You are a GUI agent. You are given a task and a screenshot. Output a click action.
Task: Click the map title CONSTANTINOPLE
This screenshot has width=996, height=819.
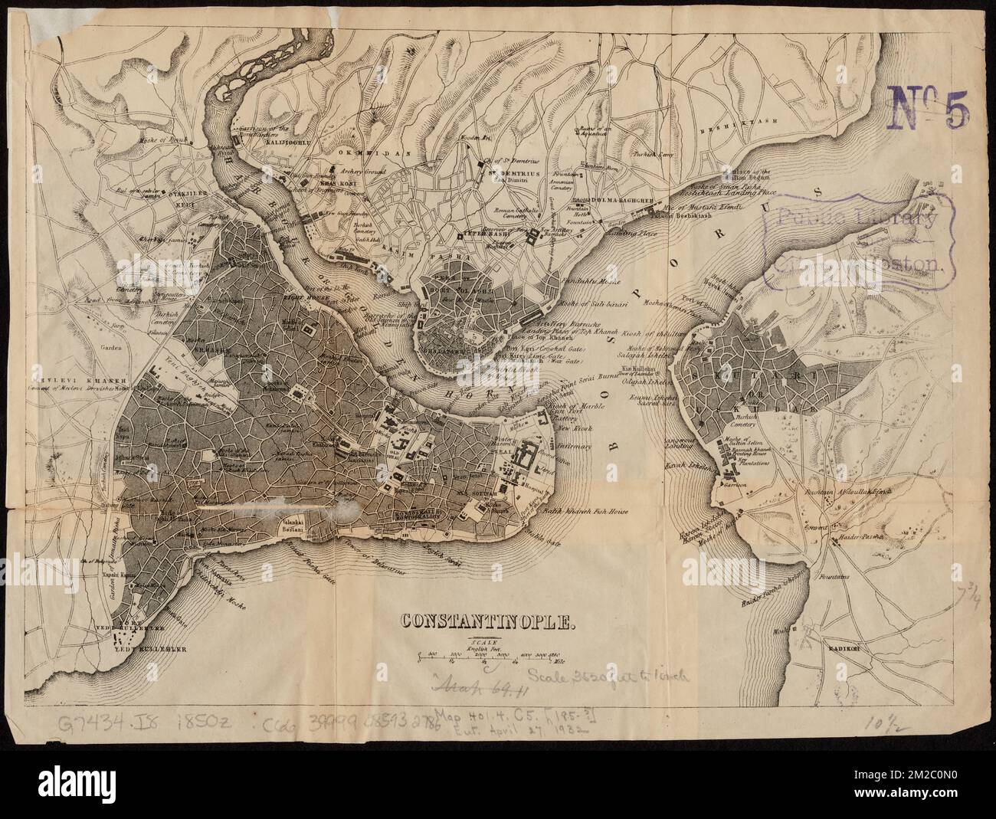(x=483, y=621)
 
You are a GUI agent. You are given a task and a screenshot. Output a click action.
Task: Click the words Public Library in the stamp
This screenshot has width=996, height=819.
(x=857, y=218)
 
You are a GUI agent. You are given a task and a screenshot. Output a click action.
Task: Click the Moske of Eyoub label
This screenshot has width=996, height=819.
(x=163, y=140)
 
